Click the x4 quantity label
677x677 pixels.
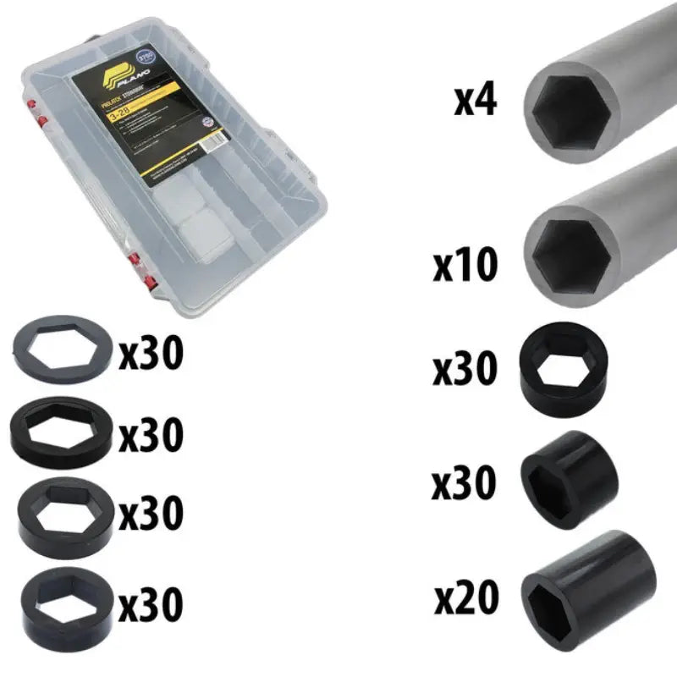[x=476, y=101]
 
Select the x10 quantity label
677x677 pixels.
[x=465, y=265]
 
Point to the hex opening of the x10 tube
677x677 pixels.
[x=574, y=250]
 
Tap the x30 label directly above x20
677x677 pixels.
[x=465, y=483]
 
